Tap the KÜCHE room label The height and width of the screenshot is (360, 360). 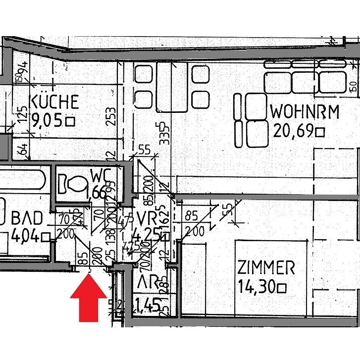[54, 102]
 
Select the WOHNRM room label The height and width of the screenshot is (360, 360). [305, 111]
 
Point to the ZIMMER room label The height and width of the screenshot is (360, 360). [266, 268]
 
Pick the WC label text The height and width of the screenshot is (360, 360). [103, 176]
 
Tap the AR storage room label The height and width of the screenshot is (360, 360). [148, 283]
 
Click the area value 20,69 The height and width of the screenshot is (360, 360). [294, 131]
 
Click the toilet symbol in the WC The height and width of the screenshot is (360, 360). [72, 185]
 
